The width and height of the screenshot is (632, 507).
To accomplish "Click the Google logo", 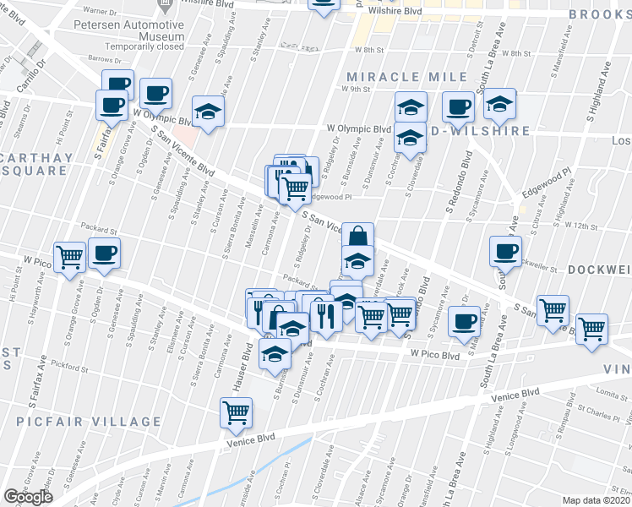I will click(28, 497).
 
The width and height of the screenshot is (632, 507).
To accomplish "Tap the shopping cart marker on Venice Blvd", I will click(236, 412).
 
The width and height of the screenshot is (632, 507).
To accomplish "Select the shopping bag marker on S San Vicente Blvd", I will click(357, 236).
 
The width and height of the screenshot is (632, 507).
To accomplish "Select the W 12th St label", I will click(580, 226).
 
